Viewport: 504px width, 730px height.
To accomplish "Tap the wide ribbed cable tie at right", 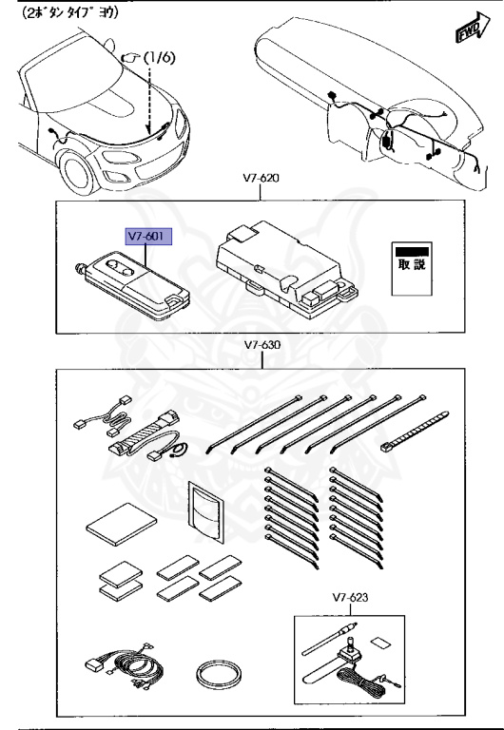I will click(x=417, y=431).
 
